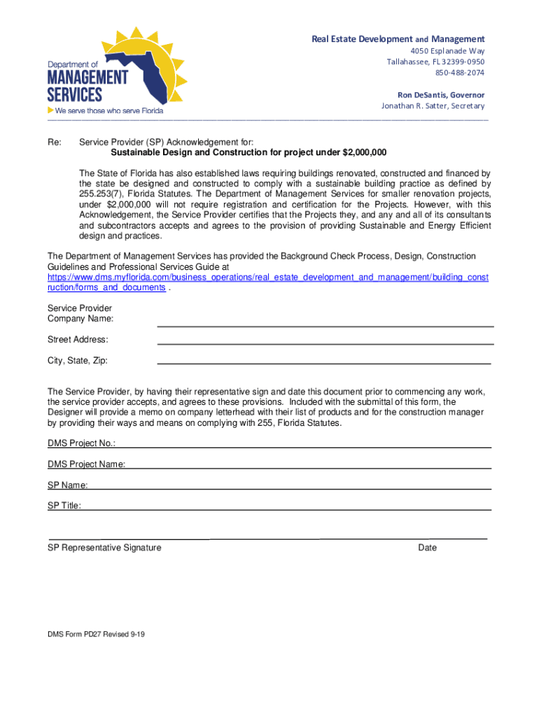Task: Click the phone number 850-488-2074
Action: [x=460, y=72]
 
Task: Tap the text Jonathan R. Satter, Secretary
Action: [x=433, y=106]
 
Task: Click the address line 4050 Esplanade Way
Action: [x=447, y=51]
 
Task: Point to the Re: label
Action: [x=54, y=142]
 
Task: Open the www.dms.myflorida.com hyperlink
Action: [x=267, y=278]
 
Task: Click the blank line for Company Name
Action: [x=325, y=324]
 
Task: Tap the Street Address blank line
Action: [x=325, y=343]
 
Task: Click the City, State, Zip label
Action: [x=78, y=361]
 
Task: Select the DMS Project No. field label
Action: [x=81, y=443]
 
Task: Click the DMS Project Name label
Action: [x=87, y=464]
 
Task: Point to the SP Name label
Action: [x=67, y=485]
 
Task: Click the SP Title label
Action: [x=64, y=505]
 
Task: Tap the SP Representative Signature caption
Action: [x=104, y=547]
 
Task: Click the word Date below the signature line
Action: [x=427, y=547]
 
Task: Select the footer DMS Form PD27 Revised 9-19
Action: [x=96, y=634]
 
